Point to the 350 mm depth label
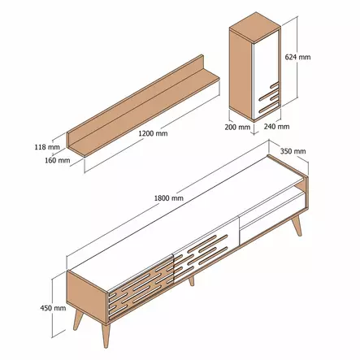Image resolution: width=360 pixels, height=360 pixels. (293, 151)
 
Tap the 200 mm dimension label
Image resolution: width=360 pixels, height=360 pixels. (238, 127)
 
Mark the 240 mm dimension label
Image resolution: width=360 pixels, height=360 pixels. (277, 127)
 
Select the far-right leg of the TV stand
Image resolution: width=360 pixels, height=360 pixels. (298, 223)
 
